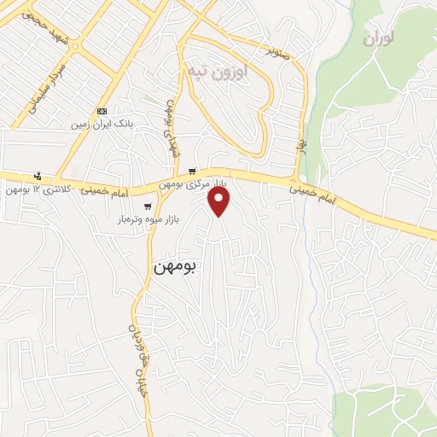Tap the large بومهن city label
175,267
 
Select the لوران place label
382,38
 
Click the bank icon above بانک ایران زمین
102,112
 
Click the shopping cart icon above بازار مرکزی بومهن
193,171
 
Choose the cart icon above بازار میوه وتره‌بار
149,207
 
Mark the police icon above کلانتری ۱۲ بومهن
37,175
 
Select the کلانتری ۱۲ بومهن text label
34,188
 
